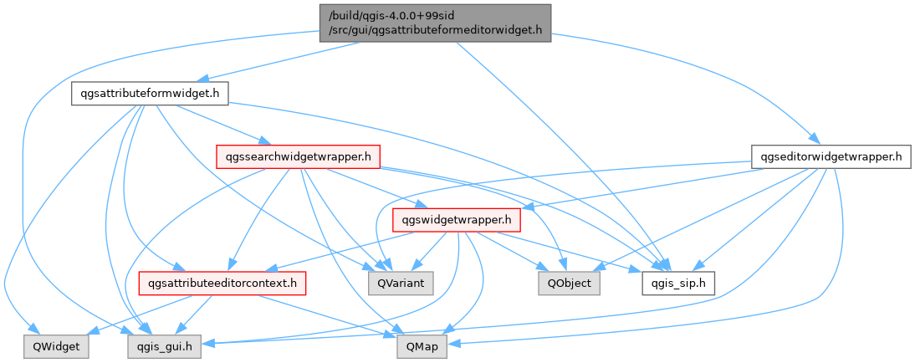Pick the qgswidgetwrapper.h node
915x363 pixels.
point(457,220)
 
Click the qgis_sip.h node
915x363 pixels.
point(678,284)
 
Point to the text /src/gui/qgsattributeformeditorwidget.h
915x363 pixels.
point(434,30)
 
